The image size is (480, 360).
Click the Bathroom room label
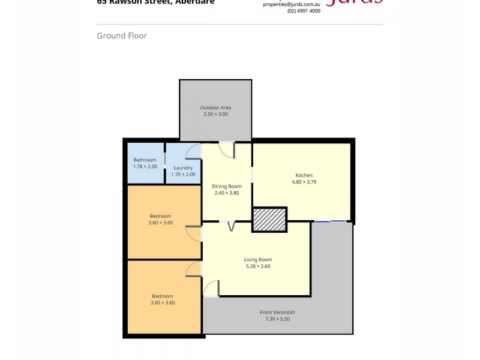click(145, 160)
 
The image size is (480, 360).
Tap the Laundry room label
click(183, 167)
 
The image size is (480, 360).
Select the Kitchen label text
click(304, 175)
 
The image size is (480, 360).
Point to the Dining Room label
click(227, 186)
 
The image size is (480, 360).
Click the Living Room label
click(257, 259)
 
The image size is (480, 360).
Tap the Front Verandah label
click(277, 313)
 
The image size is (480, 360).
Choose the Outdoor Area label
click(215, 107)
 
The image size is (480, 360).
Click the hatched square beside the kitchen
click(269, 220)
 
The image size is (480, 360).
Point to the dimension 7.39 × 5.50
click(277, 319)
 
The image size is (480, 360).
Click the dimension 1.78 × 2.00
click(145, 166)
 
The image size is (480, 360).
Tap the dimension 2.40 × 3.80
click(227, 193)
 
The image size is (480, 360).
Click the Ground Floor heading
click(122, 36)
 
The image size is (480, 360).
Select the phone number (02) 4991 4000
click(304, 11)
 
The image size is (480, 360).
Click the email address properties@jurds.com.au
click(292, 4)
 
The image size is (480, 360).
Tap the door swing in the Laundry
click(194, 151)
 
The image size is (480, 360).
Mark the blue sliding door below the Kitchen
click(331, 221)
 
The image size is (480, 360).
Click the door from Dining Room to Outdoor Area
click(226, 149)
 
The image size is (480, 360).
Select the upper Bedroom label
click(160, 216)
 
